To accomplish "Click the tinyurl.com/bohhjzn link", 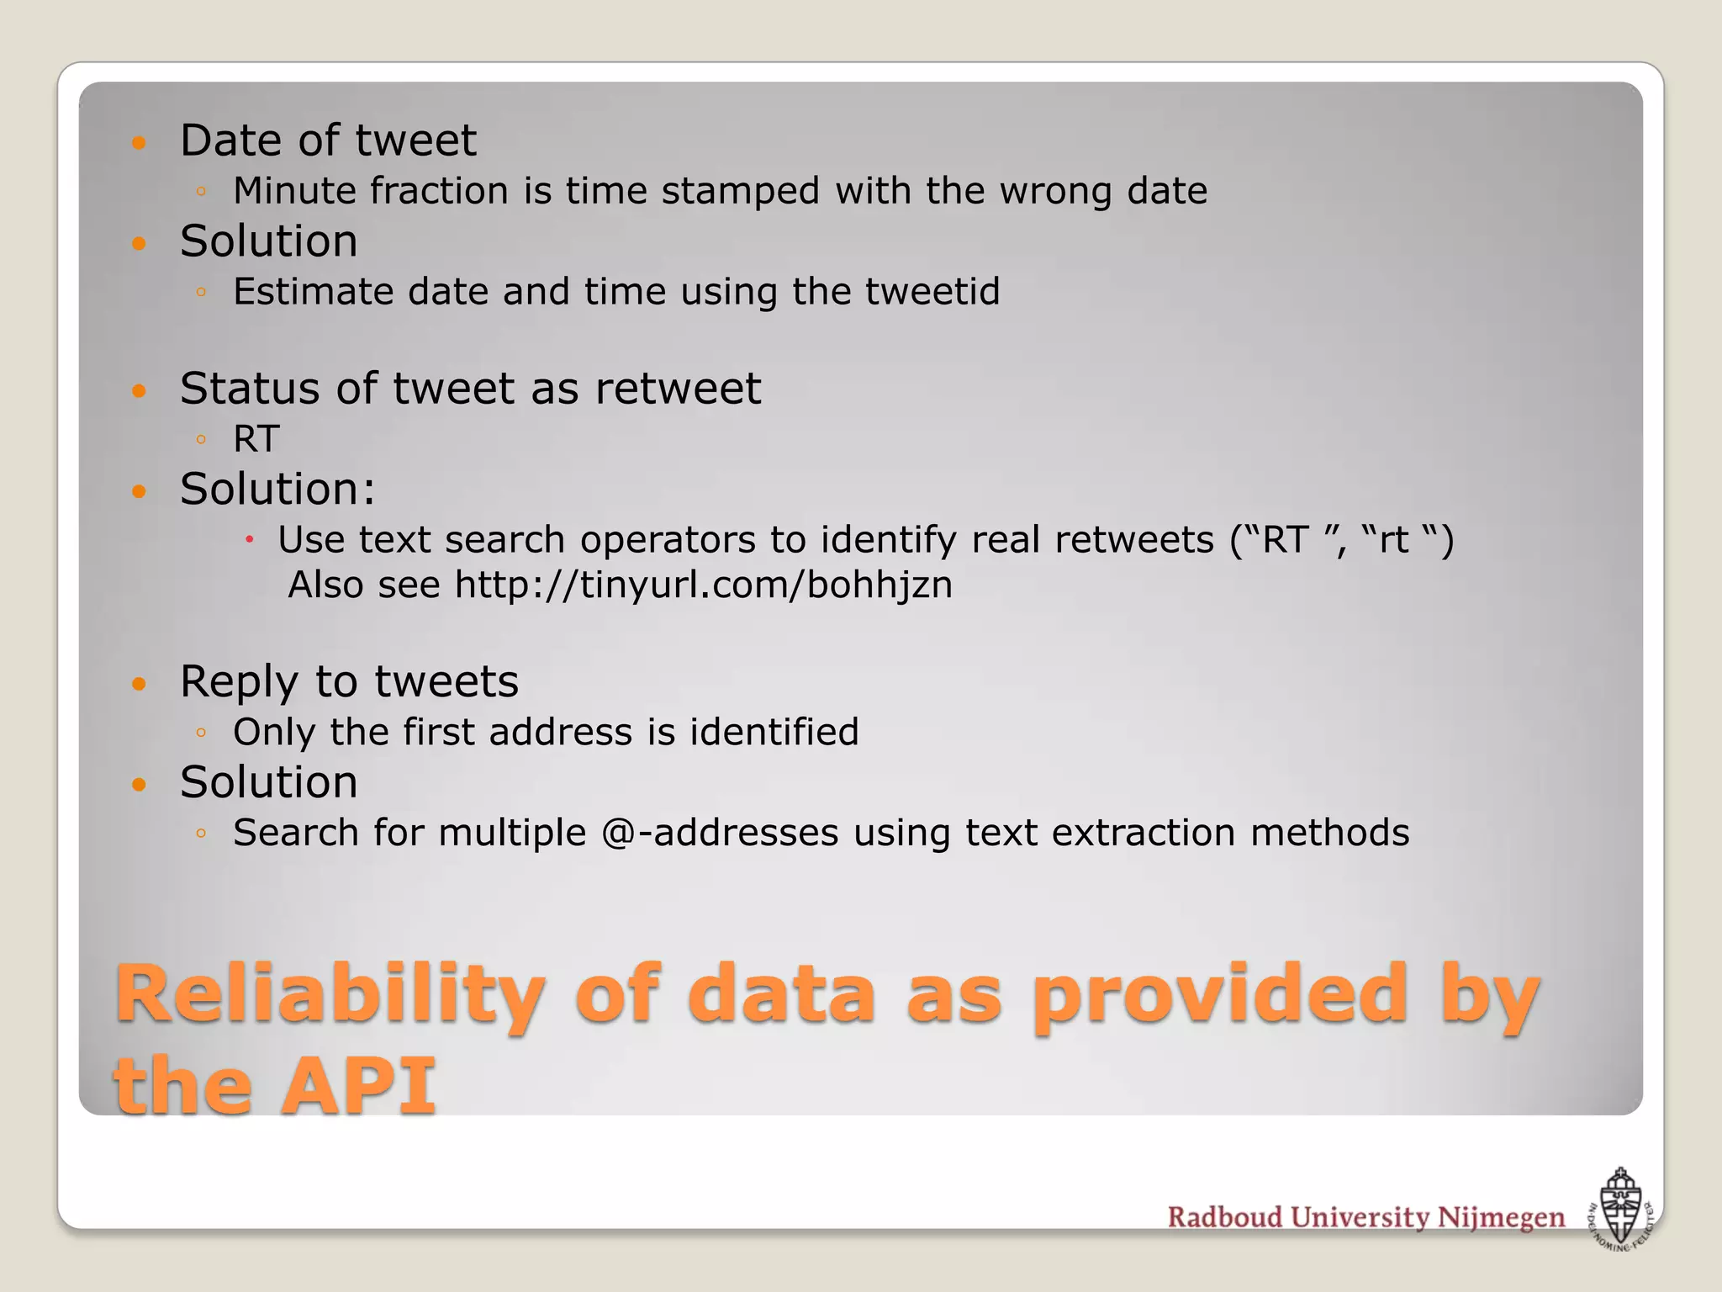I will (704, 585).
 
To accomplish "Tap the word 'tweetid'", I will (932, 292).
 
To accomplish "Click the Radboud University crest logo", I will (1620, 1209).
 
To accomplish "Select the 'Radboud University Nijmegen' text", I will (1366, 1217).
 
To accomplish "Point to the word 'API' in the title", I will (359, 1086).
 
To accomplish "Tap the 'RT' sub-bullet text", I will (256, 439).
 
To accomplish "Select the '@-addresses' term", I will (721, 833).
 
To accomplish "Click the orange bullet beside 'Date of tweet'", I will (140, 142).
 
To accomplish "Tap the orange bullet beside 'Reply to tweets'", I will (140, 683).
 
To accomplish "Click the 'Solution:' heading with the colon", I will (277, 489).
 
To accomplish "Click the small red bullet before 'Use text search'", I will (250, 539).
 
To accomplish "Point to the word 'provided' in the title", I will (1220, 995).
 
